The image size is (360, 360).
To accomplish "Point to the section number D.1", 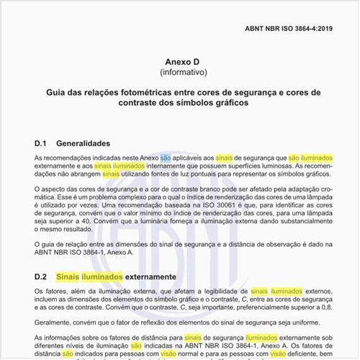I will pyautogui.click(x=40, y=143).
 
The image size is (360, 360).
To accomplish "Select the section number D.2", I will pyautogui.click(x=40, y=276).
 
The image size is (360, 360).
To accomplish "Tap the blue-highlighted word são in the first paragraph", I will pyautogui.click(x=166, y=156).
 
